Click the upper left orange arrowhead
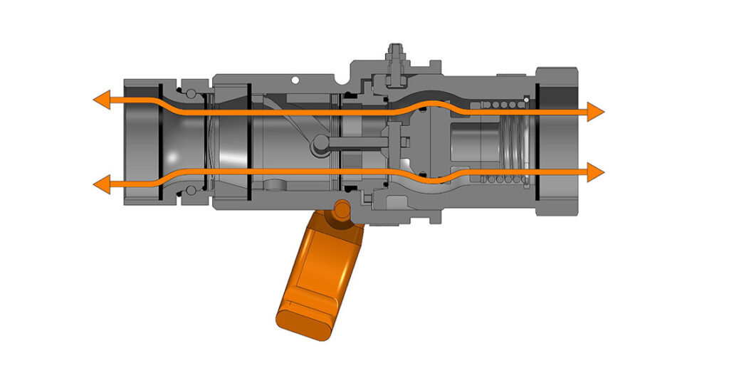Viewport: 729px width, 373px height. click(101, 101)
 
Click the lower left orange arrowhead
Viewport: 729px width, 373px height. click(101, 185)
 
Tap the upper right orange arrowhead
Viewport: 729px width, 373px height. click(596, 110)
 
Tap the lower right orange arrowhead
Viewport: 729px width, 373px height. click(596, 172)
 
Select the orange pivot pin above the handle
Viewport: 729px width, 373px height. click(342, 209)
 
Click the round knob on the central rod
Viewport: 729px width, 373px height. click(318, 145)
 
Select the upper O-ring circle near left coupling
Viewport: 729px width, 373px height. click(190, 94)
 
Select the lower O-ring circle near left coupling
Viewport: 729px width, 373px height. click(190, 189)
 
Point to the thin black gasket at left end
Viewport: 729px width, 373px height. click(161, 142)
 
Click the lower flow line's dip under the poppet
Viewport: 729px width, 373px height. click(430, 180)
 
